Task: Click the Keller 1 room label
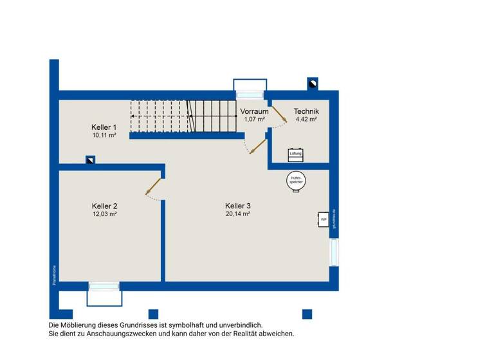pos(104,127)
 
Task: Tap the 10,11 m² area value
pos(104,136)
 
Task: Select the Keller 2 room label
pos(104,206)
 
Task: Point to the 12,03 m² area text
pos(104,214)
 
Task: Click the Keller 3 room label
pos(238,206)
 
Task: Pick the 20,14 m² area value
pos(238,214)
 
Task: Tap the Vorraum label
pos(255,111)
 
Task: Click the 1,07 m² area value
pos(255,119)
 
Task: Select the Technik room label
pos(306,111)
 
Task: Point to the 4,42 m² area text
pos(306,119)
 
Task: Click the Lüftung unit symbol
pos(296,154)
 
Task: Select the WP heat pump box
pos(324,220)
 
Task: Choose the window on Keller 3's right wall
pos(333,252)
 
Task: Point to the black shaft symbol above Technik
pos(313,83)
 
